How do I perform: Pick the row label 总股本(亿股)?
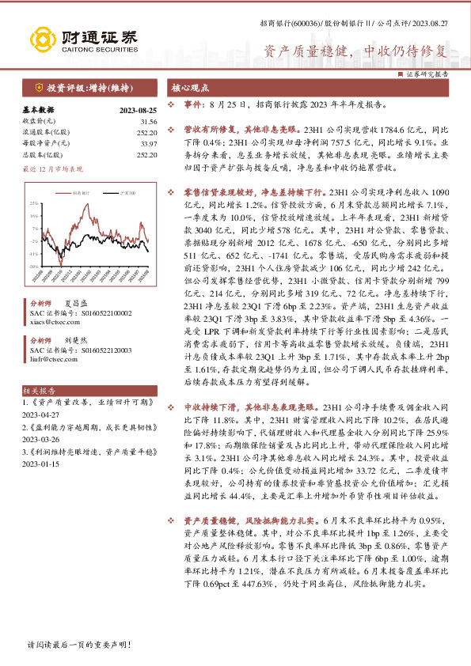point(43,154)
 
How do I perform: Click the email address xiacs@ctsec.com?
point(51,322)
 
